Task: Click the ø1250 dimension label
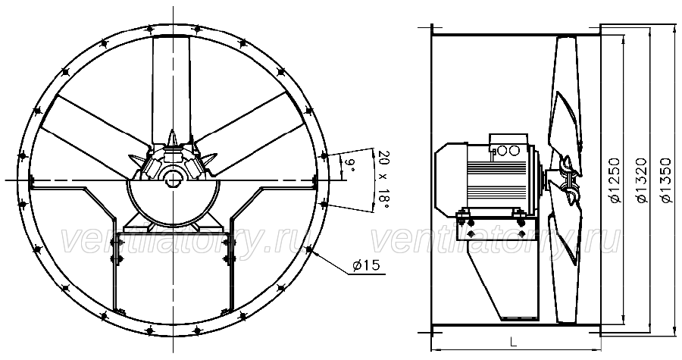click(614, 180)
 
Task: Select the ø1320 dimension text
click(642, 180)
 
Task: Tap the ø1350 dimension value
click(666, 180)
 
